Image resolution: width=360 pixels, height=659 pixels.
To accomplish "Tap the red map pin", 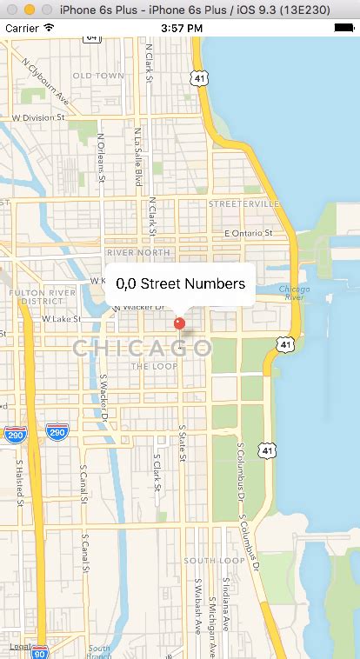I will [180, 324].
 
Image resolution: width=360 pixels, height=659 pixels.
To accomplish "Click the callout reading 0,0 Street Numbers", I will [180, 283].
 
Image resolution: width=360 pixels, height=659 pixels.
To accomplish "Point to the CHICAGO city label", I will [143, 349].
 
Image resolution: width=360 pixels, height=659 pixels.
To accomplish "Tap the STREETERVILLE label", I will [244, 203].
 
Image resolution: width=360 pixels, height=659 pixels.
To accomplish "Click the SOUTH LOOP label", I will [213, 561].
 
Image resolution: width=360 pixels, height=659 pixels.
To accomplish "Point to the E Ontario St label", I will [249, 233].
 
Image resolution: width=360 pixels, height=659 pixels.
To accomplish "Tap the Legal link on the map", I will [19, 647].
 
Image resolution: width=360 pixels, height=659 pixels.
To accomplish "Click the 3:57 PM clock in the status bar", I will [180, 28].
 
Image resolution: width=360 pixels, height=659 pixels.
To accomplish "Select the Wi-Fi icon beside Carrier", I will [49, 28].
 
